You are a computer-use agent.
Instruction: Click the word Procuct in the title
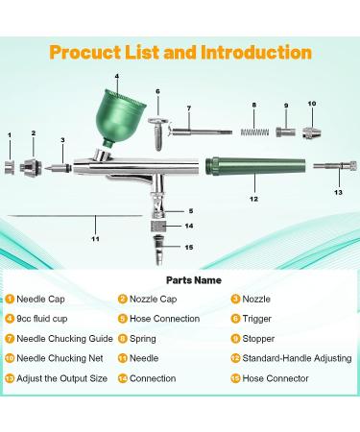click(91, 53)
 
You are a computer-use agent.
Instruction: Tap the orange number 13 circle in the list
click(10, 378)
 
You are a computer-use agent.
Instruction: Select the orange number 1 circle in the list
click(10, 299)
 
